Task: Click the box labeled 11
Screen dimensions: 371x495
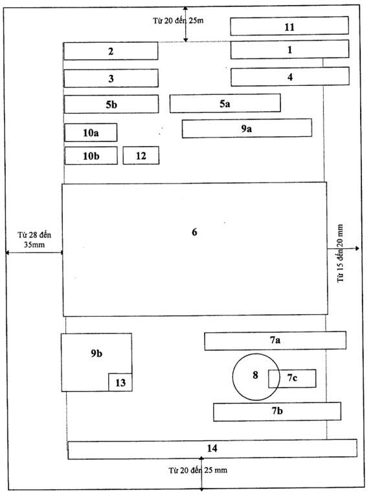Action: pos(289,26)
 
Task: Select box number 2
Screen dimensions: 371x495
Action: pos(111,51)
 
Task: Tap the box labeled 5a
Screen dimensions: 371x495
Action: pos(225,103)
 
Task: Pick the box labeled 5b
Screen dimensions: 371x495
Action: pos(111,104)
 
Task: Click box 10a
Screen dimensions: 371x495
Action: pos(91,132)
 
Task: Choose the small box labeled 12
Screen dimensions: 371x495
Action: pos(141,155)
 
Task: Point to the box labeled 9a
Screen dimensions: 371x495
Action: pos(247,128)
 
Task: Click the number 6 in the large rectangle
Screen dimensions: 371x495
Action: pos(194,232)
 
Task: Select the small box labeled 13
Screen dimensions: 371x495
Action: pos(120,383)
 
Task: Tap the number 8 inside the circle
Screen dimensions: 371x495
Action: pos(255,375)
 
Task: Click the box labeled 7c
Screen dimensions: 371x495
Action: pos(292,378)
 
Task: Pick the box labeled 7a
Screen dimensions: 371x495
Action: pos(275,341)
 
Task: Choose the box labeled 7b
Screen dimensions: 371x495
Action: pos(277,412)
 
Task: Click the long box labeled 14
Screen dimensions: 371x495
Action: pos(212,449)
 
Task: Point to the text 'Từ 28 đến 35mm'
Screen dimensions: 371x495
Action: pos(34,240)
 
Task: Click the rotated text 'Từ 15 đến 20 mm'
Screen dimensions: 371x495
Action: pos(340,253)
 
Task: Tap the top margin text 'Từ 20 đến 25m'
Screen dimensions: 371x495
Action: pos(178,21)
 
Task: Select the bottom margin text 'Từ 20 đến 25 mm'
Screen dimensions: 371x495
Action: pos(197,470)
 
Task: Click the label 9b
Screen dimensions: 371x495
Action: pos(96,353)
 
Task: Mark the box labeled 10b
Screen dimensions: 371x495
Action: pos(91,156)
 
